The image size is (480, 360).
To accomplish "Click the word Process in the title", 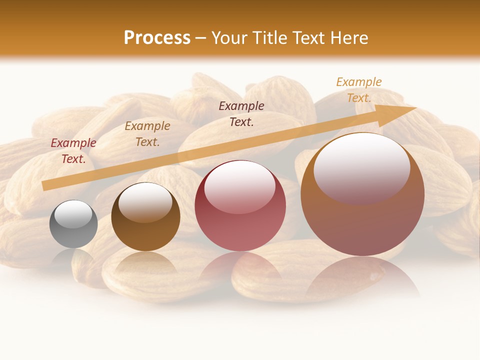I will (x=157, y=38).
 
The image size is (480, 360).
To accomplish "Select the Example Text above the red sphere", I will (x=241, y=113).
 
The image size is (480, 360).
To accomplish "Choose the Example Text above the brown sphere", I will (x=147, y=134).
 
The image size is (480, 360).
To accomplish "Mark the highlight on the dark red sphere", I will (x=239, y=187).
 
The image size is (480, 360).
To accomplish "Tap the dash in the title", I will (x=201, y=38).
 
